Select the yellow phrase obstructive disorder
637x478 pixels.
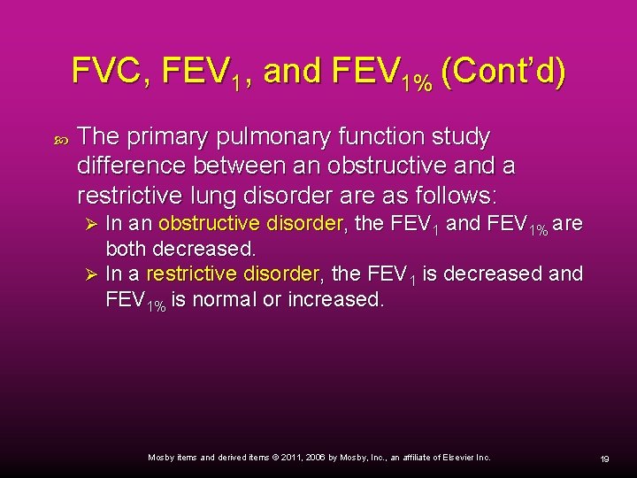(249, 224)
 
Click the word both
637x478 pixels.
(127, 249)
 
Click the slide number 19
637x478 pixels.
(605, 459)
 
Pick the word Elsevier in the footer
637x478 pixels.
(458, 458)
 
